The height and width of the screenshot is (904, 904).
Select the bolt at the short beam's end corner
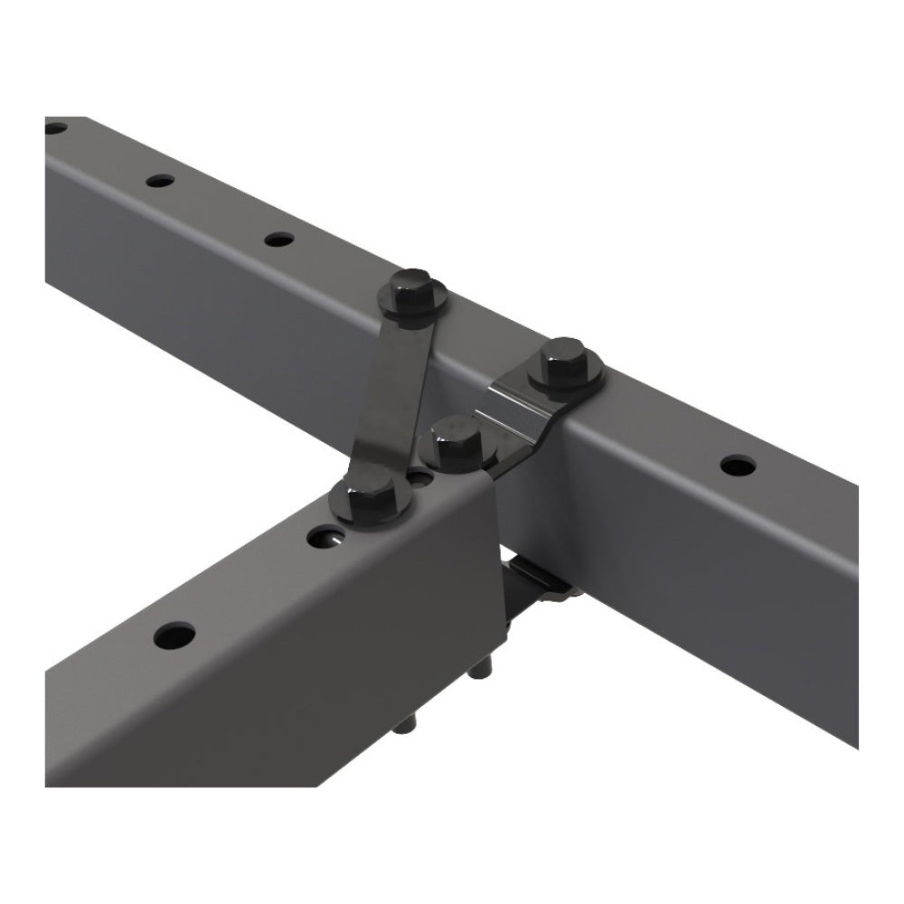click(x=455, y=443)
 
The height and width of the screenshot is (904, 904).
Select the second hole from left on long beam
click(x=159, y=181)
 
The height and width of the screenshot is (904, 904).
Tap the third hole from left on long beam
click(x=279, y=240)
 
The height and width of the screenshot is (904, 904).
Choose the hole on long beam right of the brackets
click(x=738, y=466)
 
